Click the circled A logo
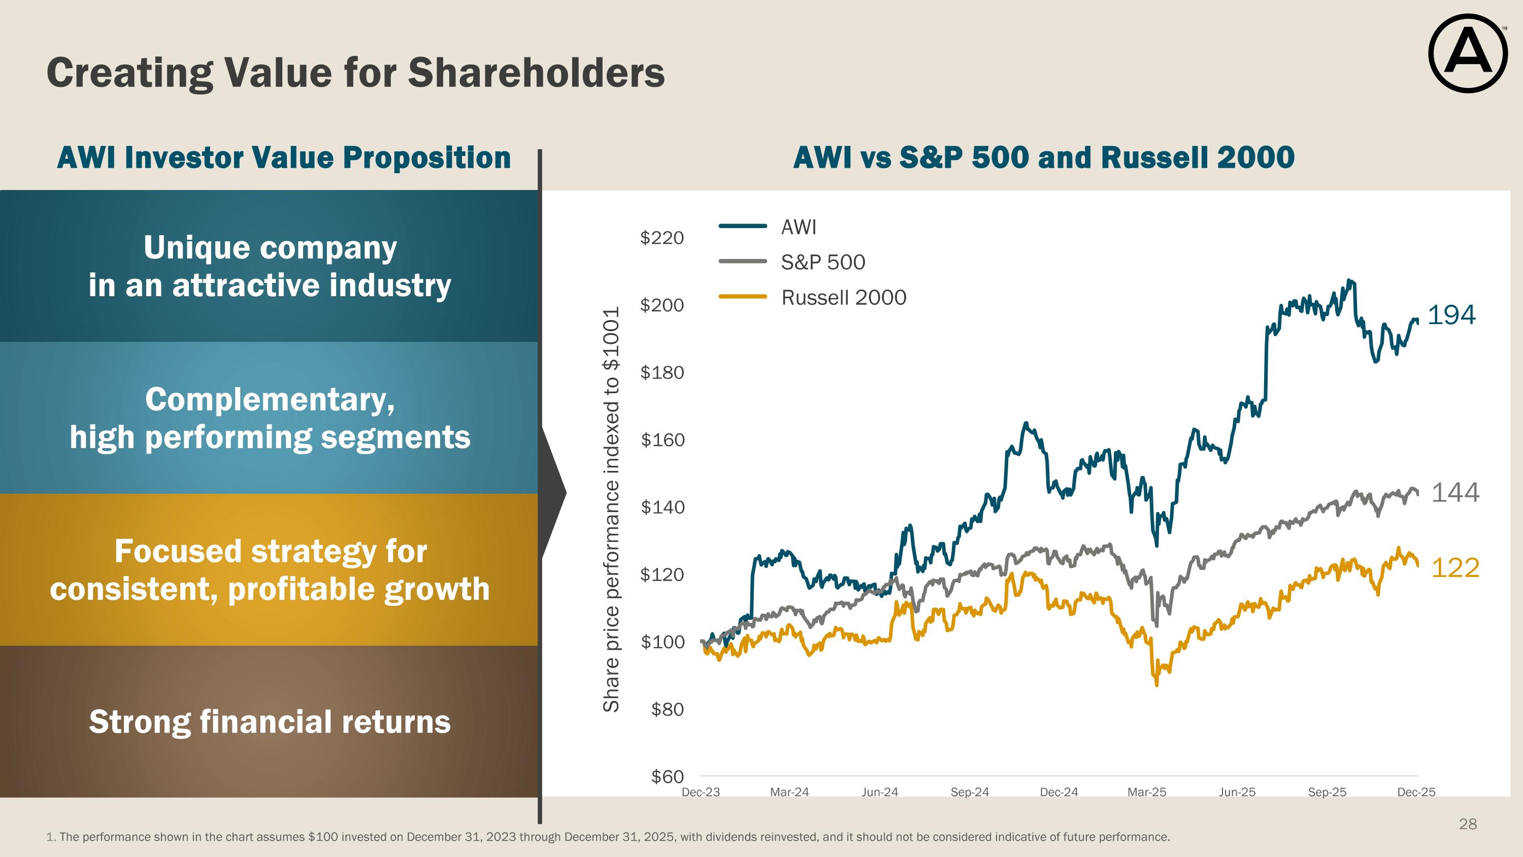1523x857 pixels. coord(1468,53)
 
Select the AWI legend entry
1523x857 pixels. coord(798,227)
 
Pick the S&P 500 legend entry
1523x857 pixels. coord(822,262)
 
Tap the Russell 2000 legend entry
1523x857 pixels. coord(843,298)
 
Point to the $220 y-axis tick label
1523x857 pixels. coord(661,238)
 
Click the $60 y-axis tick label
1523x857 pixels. coord(667,777)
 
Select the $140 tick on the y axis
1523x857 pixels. coord(662,507)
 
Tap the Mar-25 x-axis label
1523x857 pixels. coord(1146,792)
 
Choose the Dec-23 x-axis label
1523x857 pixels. coord(701,792)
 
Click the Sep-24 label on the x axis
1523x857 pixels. coord(969,792)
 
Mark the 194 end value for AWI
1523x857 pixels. coord(1451,314)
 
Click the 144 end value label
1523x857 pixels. coord(1455,493)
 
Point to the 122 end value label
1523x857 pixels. coord(1455,568)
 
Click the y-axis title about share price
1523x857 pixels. coord(611,509)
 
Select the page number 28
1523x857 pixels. coord(1468,824)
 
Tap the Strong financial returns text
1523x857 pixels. coord(270,722)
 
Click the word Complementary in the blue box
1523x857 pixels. coord(270,400)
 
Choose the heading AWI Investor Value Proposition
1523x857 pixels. coord(284,158)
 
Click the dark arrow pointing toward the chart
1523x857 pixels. coord(553,493)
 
